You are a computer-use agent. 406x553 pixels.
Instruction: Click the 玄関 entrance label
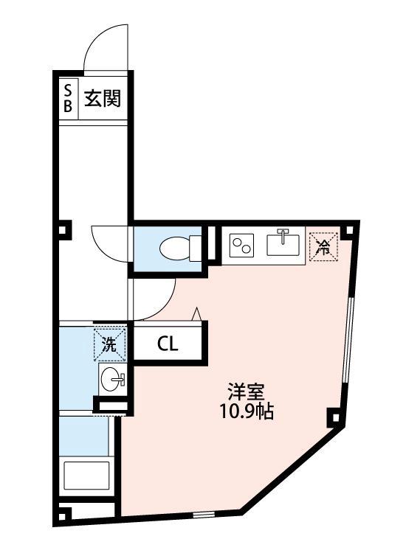tap(101, 98)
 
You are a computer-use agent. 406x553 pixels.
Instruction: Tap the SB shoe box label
tap(68, 98)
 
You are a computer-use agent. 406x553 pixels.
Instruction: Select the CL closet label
tap(167, 343)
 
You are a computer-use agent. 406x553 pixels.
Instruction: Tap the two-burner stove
tap(242, 244)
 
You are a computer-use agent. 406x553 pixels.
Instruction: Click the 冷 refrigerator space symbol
tap(322, 245)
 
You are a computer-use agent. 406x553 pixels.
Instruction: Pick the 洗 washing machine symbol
tap(109, 343)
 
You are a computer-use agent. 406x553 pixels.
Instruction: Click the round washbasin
tap(112, 380)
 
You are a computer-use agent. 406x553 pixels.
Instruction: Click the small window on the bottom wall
tap(202, 514)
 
